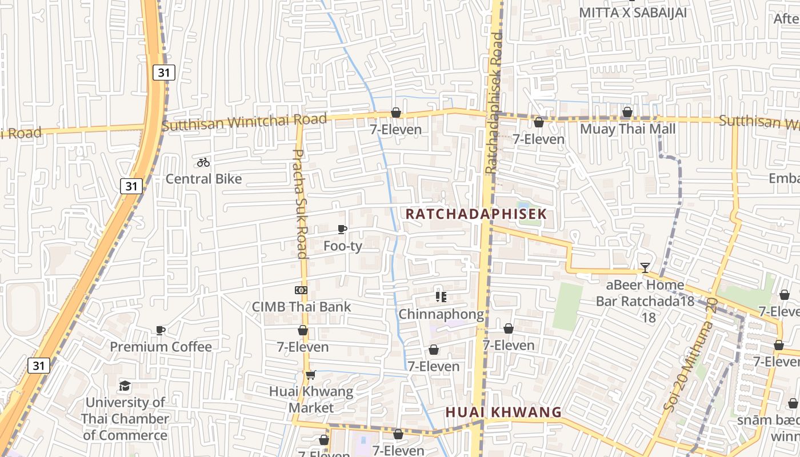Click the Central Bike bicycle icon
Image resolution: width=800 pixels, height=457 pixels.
[203, 162]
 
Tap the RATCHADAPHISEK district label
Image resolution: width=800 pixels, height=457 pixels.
[476, 214]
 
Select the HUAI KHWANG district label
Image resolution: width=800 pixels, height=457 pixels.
[503, 412]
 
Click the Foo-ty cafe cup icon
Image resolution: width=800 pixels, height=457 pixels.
[342, 230]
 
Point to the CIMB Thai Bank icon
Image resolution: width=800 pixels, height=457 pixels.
[301, 290]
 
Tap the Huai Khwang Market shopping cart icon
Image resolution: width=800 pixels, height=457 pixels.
[310, 375]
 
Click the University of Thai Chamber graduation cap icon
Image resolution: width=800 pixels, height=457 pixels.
[125, 386]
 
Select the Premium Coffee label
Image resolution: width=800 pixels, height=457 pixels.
[161, 347]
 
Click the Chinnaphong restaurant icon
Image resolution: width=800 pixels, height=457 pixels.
[441, 296]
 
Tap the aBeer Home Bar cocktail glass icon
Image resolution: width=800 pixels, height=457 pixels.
[645, 267]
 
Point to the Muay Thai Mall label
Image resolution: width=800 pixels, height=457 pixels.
[627, 129]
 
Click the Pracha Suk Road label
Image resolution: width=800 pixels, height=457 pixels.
[301, 203]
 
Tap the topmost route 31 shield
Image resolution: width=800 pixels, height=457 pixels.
[164, 72]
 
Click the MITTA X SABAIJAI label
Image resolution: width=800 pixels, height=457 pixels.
[633, 13]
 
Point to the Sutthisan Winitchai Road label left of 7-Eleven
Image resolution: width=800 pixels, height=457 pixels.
[244, 122]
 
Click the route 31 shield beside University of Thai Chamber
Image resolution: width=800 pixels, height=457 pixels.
[38, 366]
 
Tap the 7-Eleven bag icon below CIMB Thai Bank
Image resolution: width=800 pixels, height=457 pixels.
[303, 331]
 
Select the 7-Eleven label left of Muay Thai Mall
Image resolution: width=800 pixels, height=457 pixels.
[538, 139]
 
